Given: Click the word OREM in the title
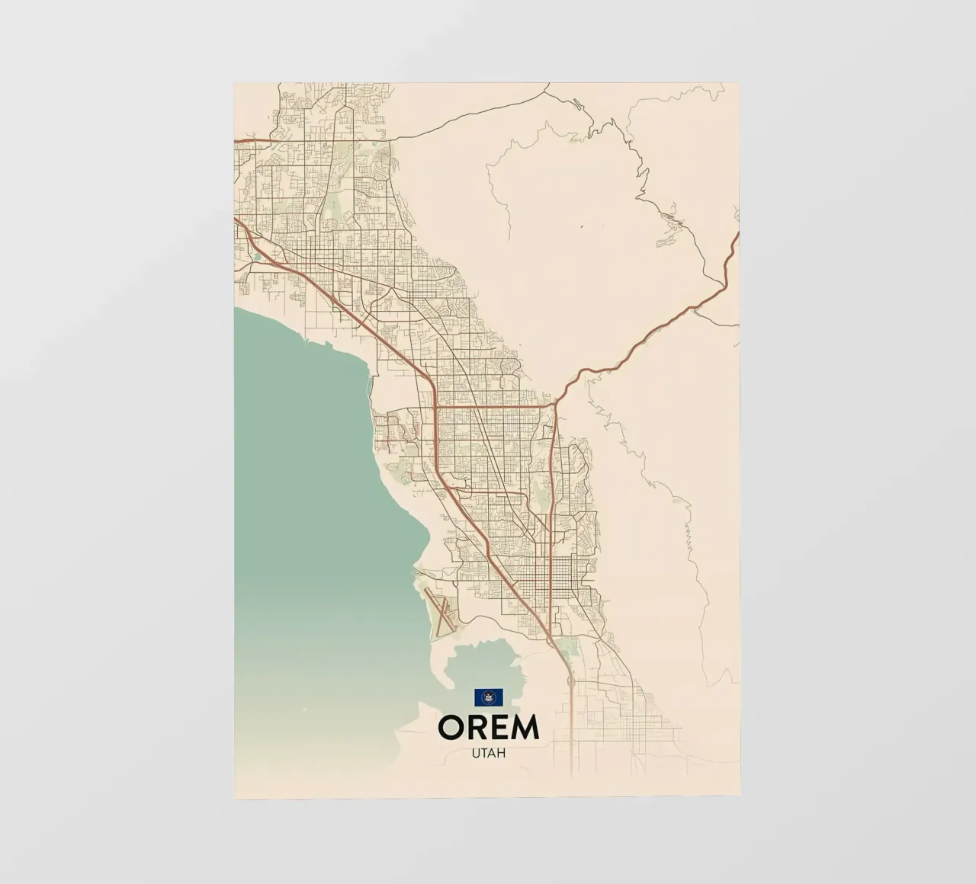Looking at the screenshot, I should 488,727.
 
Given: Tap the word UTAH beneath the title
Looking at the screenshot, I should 488,752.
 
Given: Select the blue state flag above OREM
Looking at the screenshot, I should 488,697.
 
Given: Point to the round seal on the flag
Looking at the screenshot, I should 488,697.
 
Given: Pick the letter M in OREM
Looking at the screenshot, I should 525,727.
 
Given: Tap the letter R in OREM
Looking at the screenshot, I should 479,727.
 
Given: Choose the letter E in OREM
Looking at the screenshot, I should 500,727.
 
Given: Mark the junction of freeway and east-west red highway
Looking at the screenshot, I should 435,406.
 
